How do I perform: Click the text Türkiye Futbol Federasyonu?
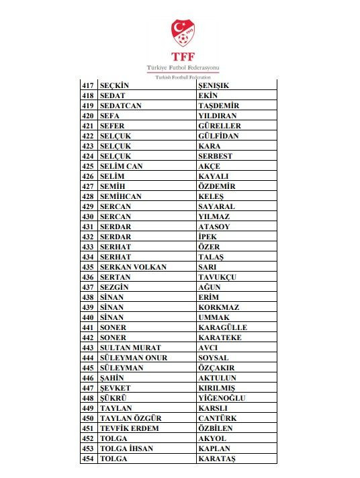tap(179, 69)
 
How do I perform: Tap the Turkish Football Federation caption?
tap(179, 77)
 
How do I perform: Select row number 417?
tap(88, 85)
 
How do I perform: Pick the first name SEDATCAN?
tap(121, 106)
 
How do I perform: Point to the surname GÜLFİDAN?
tap(218, 136)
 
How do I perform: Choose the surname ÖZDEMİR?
tap(218, 186)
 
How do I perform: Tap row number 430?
tap(88, 216)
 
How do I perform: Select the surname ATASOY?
tap(214, 227)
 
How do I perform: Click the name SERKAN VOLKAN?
tap(133, 267)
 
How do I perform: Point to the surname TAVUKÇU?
tap(218, 277)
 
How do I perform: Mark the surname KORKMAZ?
tap(219, 307)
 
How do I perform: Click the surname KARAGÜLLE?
tap(222, 327)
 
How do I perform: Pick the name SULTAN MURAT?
tap(130, 348)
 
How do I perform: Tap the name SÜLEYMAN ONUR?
tap(133, 358)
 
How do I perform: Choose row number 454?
tap(88, 459)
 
